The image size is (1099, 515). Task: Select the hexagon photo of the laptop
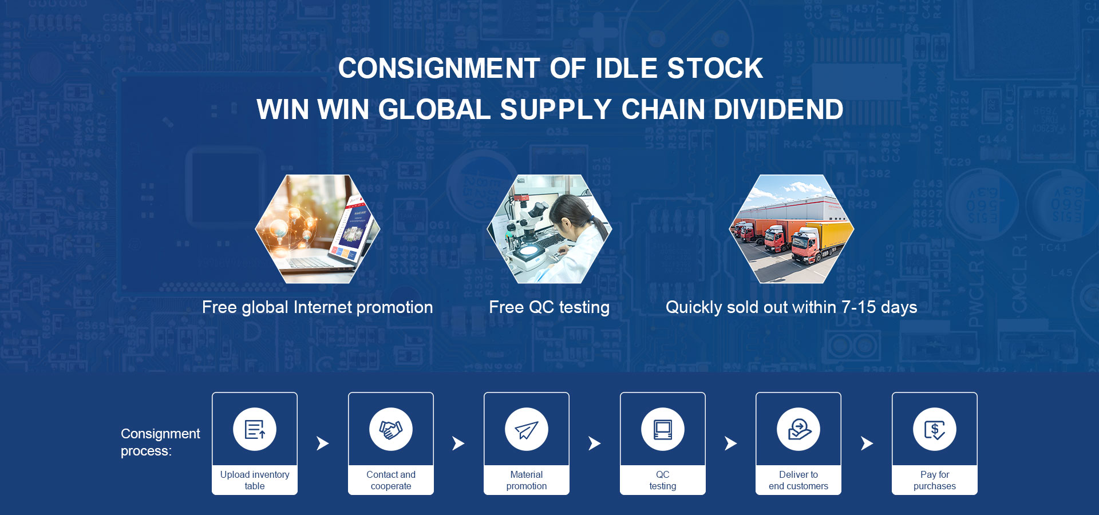(318, 229)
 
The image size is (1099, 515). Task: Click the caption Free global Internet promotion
(318, 307)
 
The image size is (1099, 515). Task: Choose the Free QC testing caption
(549, 307)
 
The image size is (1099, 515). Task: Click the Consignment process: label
(160, 442)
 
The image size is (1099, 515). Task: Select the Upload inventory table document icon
(255, 429)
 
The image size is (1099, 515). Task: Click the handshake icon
(391, 429)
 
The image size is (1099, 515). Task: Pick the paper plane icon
(527, 429)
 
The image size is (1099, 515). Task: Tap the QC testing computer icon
(663, 429)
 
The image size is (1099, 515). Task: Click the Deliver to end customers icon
(798, 429)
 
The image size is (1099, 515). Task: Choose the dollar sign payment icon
(935, 429)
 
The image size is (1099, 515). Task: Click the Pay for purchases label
(935, 480)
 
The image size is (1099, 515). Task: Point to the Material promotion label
(527, 480)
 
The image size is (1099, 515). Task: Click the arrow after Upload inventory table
(323, 443)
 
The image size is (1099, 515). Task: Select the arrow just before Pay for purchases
(867, 443)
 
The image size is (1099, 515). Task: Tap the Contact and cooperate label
(391, 480)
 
